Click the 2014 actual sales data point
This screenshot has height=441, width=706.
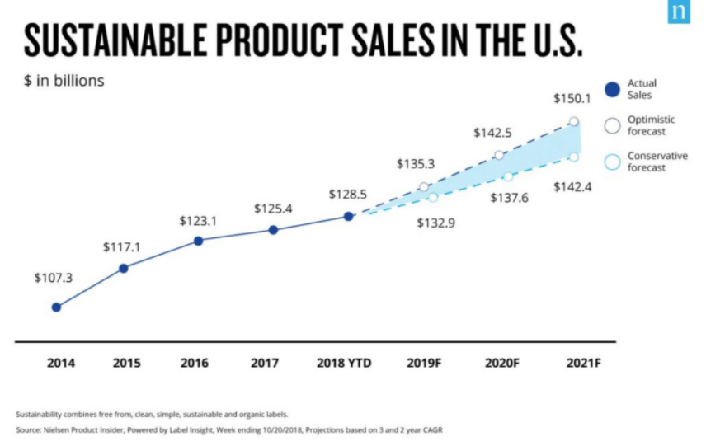56,307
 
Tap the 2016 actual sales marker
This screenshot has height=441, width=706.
198,241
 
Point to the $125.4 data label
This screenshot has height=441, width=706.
273,209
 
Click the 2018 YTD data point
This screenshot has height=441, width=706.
348,216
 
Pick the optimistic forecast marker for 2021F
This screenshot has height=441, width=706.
574,122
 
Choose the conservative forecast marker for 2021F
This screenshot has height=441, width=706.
574,157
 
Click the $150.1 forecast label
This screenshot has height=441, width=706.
572,99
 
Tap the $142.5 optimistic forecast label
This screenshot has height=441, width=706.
492,132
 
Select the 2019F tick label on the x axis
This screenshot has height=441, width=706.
425,363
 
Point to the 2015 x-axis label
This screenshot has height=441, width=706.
126,363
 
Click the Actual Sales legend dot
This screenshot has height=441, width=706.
612,89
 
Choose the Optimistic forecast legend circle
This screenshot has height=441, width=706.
612,125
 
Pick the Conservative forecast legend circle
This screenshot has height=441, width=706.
612,162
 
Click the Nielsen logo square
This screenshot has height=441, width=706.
678,12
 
